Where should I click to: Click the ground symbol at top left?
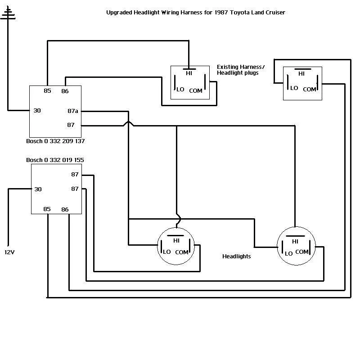click(8, 16)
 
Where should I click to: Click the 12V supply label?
click(9, 252)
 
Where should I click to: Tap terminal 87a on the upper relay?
click(72, 111)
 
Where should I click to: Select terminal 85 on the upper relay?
click(47, 91)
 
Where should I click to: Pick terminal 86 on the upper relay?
click(65, 91)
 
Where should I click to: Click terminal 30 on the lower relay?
click(38, 189)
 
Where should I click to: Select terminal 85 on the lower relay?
click(47, 209)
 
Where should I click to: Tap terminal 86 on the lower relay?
click(65, 209)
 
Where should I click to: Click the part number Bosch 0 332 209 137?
click(55, 141)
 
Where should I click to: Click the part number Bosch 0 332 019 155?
click(55, 160)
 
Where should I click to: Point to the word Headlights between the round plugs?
click(237, 256)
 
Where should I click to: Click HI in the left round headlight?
click(176, 240)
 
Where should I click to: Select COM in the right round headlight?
click(301, 252)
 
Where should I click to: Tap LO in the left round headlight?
click(166, 252)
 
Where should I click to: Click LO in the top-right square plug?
click(294, 88)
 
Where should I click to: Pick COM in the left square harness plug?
click(196, 90)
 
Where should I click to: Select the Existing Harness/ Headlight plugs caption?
click(241, 70)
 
